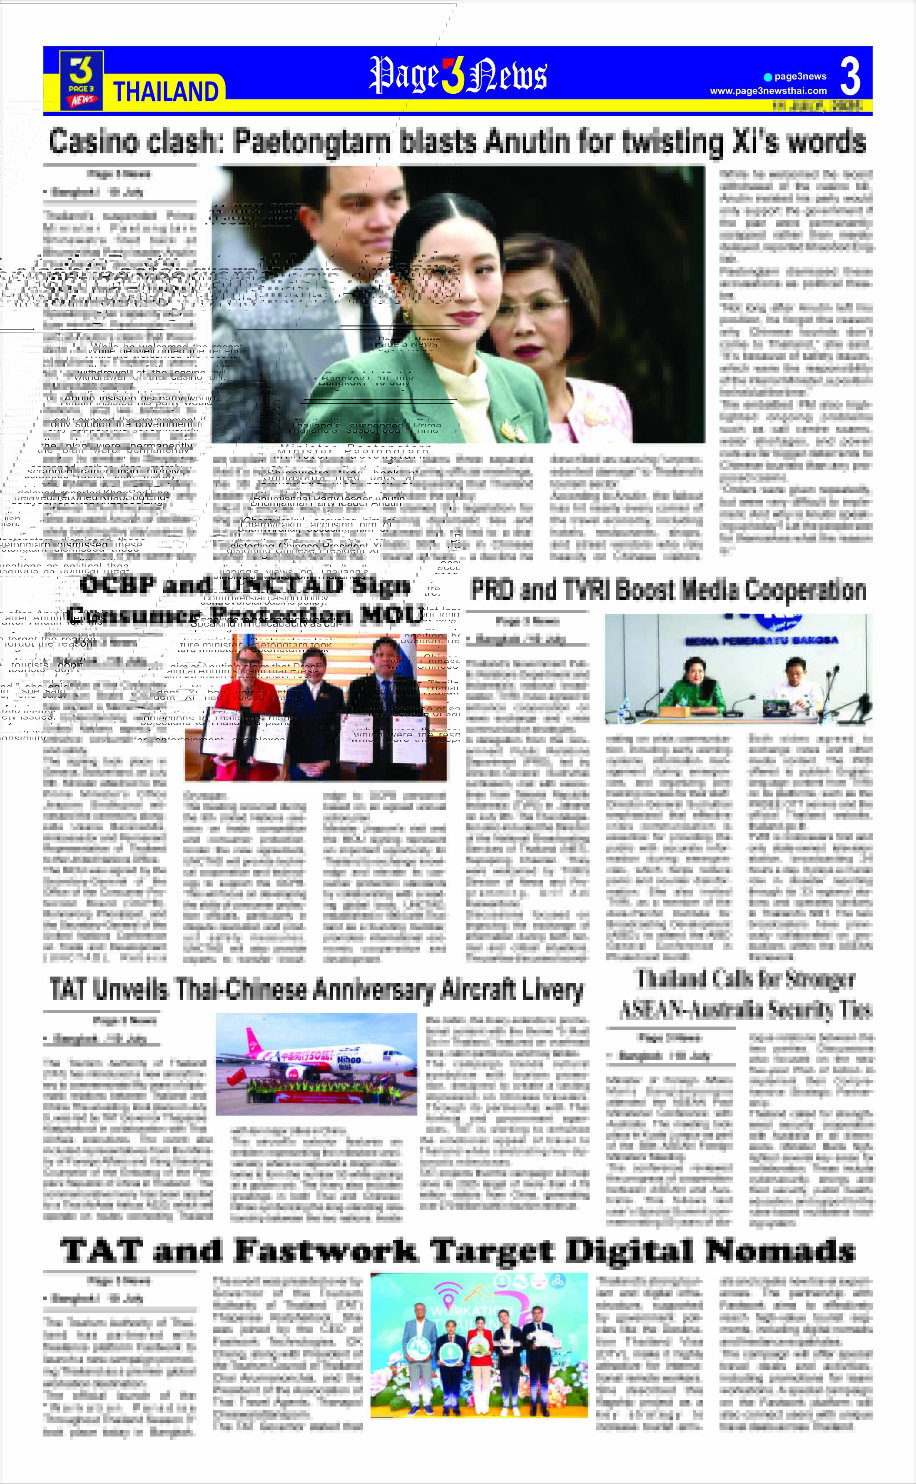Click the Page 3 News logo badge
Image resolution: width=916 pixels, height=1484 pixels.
(x=81, y=80)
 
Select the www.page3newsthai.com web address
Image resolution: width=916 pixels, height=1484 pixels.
(x=768, y=91)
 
